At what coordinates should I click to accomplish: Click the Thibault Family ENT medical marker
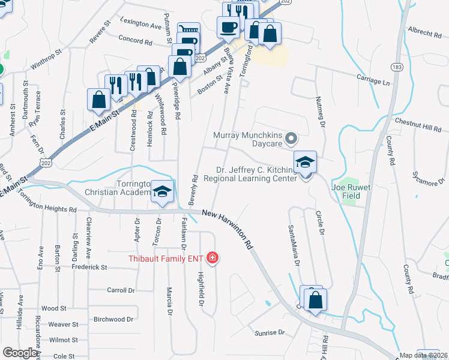click(212, 259)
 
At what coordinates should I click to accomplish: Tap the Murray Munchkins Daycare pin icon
click(291, 139)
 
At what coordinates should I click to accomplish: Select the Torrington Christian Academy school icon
click(161, 192)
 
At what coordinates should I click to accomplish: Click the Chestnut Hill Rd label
click(418, 124)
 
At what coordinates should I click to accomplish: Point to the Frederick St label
click(86, 267)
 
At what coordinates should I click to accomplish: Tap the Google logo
click(20, 353)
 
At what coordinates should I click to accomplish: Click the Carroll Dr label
click(120, 290)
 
